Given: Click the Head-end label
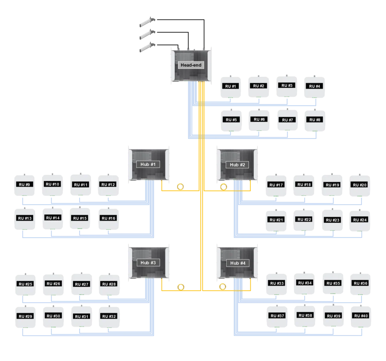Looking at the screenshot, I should tap(191, 65).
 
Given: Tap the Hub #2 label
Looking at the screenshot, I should tap(237, 165).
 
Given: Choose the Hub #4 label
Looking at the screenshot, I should tap(237, 263).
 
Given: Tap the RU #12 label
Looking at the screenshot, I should tap(108, 184).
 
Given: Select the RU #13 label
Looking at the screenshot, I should tap(24, 218).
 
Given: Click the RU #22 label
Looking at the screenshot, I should tap(305, 219).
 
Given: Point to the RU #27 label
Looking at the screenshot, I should tap(81, 284).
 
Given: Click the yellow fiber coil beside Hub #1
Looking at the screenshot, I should tap(180, 187).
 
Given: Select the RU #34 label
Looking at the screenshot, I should tap(305, 283).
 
